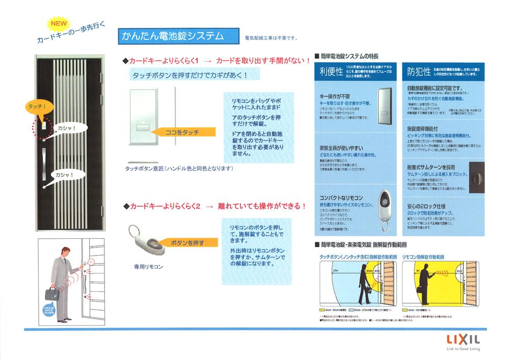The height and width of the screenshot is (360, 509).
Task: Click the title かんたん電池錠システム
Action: coord(173,36)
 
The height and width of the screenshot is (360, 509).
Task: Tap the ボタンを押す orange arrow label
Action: coord(187,243)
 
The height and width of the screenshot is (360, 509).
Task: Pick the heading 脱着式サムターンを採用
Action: coord(431,167)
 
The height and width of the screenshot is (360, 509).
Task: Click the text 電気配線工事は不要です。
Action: coord(271,38)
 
